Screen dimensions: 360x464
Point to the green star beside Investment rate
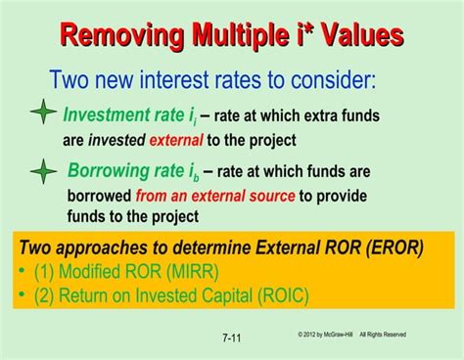(43, 114)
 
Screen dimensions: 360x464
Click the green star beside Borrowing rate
(43, 173)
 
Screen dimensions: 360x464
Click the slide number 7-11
(232, 338)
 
